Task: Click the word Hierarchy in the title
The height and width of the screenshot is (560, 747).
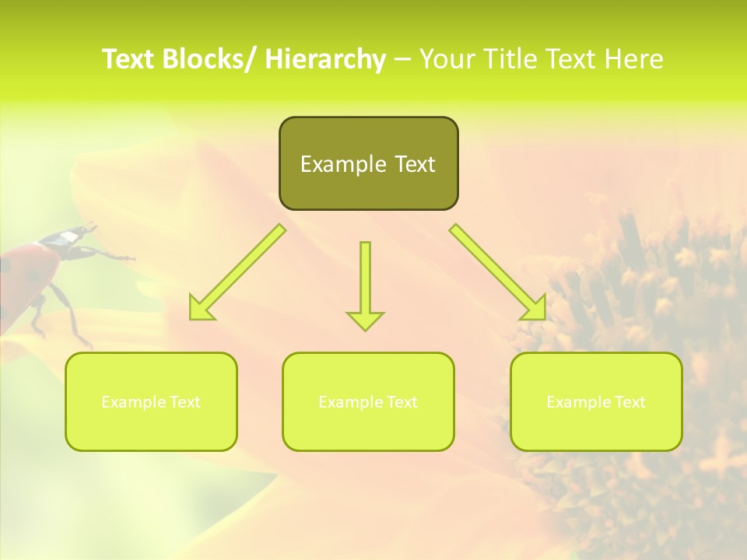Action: pyautogui.click(x=325, y=60)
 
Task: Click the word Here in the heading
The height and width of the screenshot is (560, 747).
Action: pyautogui.click(x=635, y=60)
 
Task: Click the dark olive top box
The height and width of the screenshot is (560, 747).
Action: pyautogui.click(x=368, y=163)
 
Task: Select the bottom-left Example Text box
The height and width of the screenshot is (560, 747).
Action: pyautogui.click(x=151, y=401)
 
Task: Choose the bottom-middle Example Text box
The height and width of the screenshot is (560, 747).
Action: pyautogui.click(x=368, y=401)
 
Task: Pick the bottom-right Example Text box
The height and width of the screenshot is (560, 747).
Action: pyautogui.click(x=596, y=401)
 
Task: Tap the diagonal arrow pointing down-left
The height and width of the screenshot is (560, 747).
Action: pyautogui.click(x=238, y=272)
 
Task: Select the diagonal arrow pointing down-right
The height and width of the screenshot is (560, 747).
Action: pyautogui.click(x=498, y=272)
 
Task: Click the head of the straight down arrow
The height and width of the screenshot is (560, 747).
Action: pyautogui.click(x=365, y=320)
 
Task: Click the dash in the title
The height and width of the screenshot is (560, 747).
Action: pyautogui.click(x=403, y=60)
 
